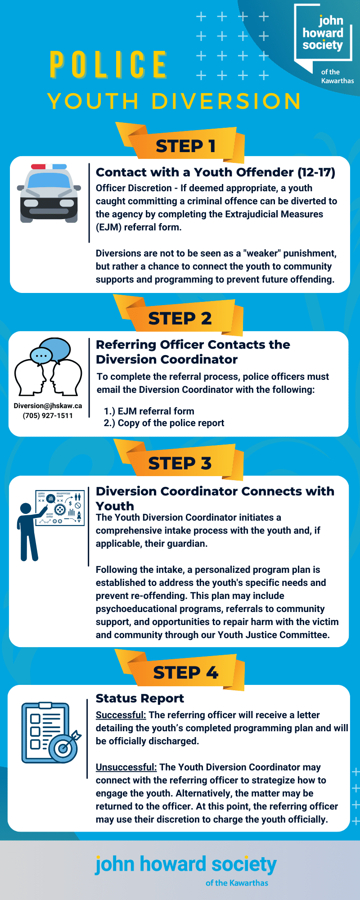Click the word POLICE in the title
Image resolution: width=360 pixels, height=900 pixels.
click(x=108, y=65)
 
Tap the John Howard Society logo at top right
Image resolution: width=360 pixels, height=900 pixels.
click(x=323, y=34)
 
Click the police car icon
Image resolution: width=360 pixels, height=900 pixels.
click(x=49, y=193)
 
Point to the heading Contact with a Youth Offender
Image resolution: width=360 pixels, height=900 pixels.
click(x=215, y=172)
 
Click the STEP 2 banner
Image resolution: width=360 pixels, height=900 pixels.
click(x=180, y=318)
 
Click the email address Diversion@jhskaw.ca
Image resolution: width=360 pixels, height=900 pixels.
click(x=48, y=405)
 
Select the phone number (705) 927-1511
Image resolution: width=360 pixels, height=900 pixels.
click(x=48, y=415)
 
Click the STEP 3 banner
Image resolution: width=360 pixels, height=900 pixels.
click(x=180, y=463)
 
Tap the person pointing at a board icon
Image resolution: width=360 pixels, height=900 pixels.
click(x=50, y=525)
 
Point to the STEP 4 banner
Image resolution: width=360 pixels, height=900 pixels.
click(x=185, y=672)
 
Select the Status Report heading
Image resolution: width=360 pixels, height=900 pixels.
click(x=139, y=698)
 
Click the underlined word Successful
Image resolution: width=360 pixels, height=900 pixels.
click(x=121, y=715)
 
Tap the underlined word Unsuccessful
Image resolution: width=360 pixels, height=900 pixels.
click(x=126, y=767)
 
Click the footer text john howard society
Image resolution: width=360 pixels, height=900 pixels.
click(x=185, y=864)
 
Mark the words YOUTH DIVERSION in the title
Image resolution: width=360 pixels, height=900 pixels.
click(x=174, y=101)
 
